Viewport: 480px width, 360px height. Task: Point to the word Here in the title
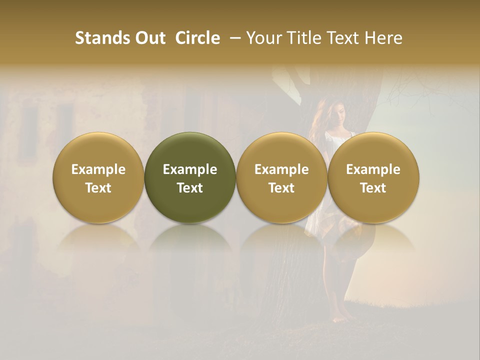click(x=384, y=38)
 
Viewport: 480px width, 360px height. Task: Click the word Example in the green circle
click(x=190, y=169)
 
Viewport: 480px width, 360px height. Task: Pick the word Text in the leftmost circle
click(x=98, y=188)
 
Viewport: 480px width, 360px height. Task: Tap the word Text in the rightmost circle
click(x=373, y=188)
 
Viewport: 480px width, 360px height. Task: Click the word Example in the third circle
click(x=281, y=169)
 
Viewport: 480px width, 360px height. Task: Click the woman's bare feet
click(x=345, y=316)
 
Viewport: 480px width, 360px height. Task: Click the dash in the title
click(x=233, y=38)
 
